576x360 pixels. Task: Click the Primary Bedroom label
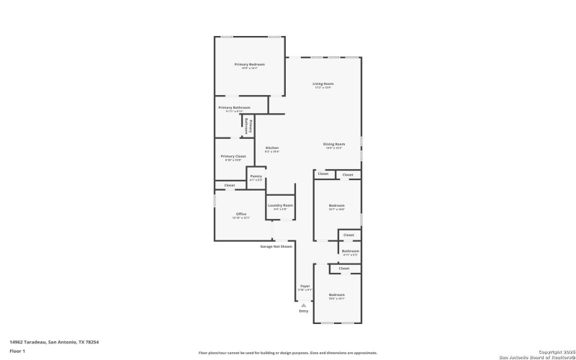click(x=249, y=64)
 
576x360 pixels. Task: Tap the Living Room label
click(x=323, y=84)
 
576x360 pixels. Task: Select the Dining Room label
click(x=333, y=144)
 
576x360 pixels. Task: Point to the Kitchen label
click(x=271, y=148)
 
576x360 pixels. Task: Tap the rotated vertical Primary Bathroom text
click(x=249, y=125)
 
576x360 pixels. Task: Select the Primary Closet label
click(x=233, y=156)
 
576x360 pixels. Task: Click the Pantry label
click(x=256, y=176)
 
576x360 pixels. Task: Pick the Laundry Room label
click(x=280, y=205)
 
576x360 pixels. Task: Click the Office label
click(x=241, y=214)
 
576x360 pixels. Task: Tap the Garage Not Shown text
click(x=276, y=246)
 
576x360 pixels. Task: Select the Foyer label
click(x=305, y=286)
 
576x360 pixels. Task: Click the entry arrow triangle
click(x=303, y=305)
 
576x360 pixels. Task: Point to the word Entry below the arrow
click(x=303, y=311)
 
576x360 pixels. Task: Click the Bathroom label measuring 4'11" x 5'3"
click(x=350, y=251)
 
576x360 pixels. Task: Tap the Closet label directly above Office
click(x=229, y=185)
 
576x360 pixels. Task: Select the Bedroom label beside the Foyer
click(x=337, y=294)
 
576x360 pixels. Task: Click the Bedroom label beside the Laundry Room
click(x=337, y=205)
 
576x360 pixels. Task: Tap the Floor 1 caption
click(x=17, y=351)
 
